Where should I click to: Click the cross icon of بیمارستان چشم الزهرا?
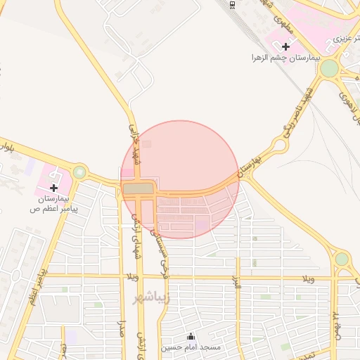[285, 46]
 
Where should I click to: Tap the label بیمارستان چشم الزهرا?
[286, 58]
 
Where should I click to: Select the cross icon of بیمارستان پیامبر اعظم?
[54, 188]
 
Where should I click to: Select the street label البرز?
[237, 287]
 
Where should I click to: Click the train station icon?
[232, 4]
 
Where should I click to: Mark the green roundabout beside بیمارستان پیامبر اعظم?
[79, 172]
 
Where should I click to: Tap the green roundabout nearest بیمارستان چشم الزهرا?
[328, 68]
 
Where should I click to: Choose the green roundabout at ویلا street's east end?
[342, 259]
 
